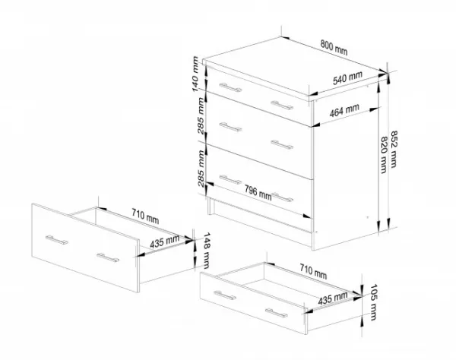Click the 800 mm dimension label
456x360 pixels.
click(x=334, y=47)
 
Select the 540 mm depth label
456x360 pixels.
click(x=347, y=78)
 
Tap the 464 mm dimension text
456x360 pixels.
click(x=344, y=110)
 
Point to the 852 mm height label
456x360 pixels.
click(x=394, y=149)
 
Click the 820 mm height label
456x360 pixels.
click(x=384, y=155)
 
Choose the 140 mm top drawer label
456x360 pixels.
click(x=195, y=74)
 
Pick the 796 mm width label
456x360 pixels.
click(x=258, y=193)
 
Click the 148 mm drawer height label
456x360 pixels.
click(x=206, y=250)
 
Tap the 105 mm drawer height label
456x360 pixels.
click(x=373, y=302)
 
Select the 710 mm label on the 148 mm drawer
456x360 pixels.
click(x=145, y=216)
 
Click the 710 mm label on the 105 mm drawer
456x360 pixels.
click(x=313, y=271)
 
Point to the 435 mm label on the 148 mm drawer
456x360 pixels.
click(x=165, y=242)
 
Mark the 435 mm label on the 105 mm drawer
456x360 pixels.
click(x=333, y=298)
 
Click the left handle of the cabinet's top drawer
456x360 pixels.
click(x=230, y=87)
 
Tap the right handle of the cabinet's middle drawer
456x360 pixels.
click(x=282, y=144)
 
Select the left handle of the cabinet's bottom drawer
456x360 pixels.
click(x=230, y=180)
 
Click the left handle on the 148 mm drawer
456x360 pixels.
click(x=57, y=240)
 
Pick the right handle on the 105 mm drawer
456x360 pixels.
click(x=277, y=313)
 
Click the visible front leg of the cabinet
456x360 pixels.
click(x=210, y=206)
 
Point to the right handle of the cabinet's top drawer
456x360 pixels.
click(x=282, y=106)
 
